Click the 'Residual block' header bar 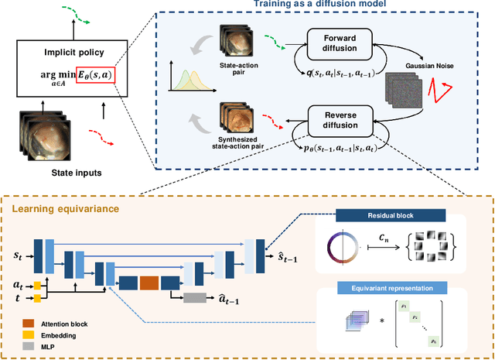(x=392, y=219)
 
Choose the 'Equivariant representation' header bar (x=392, y=288)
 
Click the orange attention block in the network (x=148, y=282)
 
